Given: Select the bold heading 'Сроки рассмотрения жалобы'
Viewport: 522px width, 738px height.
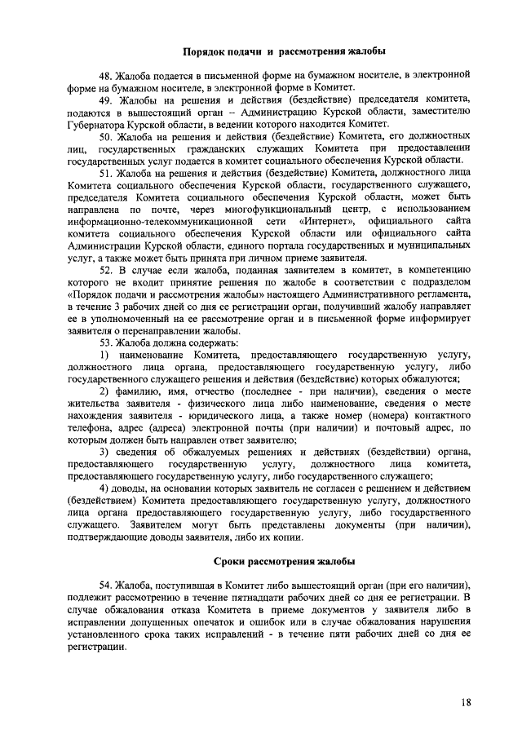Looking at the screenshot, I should tap(283, 562).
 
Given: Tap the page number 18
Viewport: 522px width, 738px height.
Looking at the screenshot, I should tap(465, 703).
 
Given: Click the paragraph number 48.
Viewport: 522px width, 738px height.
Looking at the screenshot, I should tap(106, 76).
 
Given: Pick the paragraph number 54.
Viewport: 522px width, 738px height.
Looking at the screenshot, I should tap(106, 586).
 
